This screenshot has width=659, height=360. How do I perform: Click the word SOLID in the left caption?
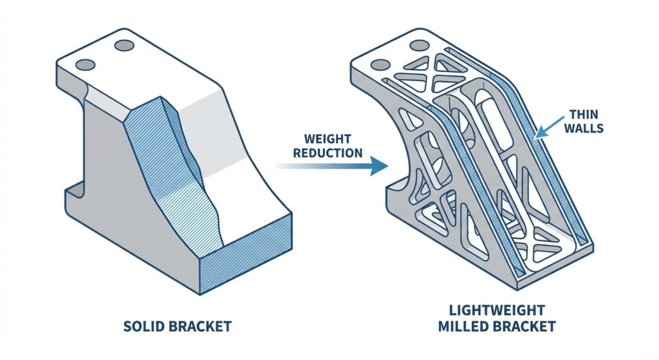pos(141,327)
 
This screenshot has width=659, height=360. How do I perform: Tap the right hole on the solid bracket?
pos(122,46)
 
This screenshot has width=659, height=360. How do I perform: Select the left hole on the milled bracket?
pos(381,64)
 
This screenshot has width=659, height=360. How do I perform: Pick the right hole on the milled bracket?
pos(419,46)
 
